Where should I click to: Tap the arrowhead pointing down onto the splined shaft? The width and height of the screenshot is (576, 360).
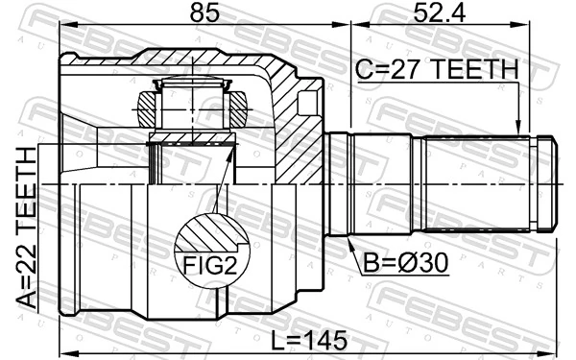click(518, 125)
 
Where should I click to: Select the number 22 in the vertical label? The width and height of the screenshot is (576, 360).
click(27, 261)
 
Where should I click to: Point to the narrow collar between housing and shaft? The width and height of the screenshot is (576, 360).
click(338, 184)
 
